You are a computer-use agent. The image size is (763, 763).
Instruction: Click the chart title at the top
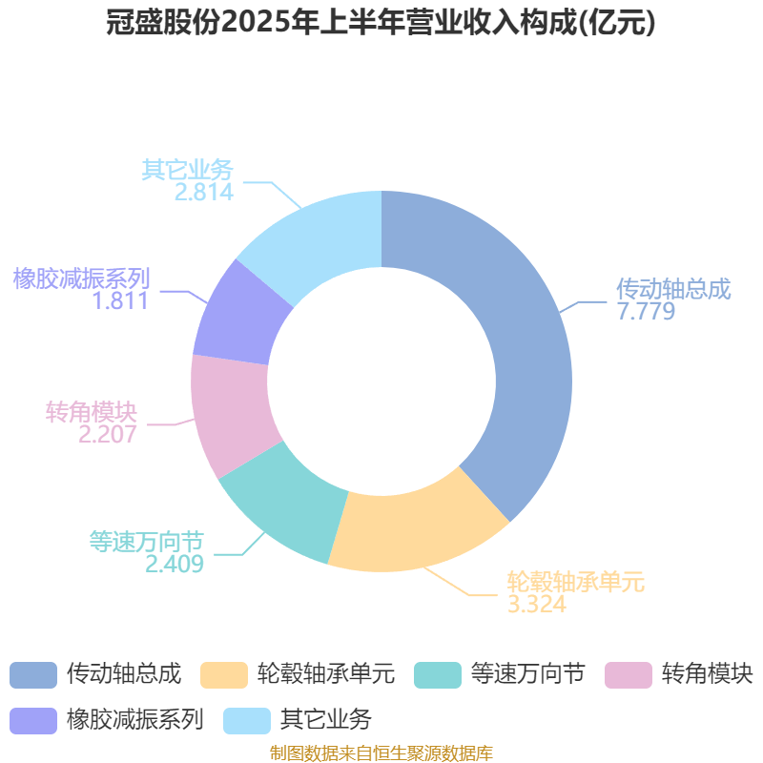tap(381, 22)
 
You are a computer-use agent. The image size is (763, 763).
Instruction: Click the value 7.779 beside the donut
tap(646, 311)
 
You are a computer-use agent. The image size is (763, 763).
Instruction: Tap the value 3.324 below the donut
tap(537, 604)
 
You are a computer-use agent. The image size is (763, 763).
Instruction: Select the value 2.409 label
tap(175, 564)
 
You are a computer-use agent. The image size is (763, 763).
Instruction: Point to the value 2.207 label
tap(107, 434)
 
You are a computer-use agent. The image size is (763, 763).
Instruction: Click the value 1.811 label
tap(120, 300)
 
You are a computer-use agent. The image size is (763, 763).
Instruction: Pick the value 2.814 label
tap(204, 192)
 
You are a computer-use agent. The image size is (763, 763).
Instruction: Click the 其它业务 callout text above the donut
tap(187, 170)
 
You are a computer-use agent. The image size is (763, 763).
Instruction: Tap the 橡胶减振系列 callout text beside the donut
tap(81, 278)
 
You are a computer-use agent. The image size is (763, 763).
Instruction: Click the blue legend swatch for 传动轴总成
tap(33, 675)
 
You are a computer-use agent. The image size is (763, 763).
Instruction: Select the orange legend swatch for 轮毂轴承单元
tap(224, 675)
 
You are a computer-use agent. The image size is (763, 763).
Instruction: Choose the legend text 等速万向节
tap(527, 674)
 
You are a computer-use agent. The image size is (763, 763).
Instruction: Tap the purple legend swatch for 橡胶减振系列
tap(33, 721)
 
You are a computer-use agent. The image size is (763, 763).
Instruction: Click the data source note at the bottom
tap(381, 753)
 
